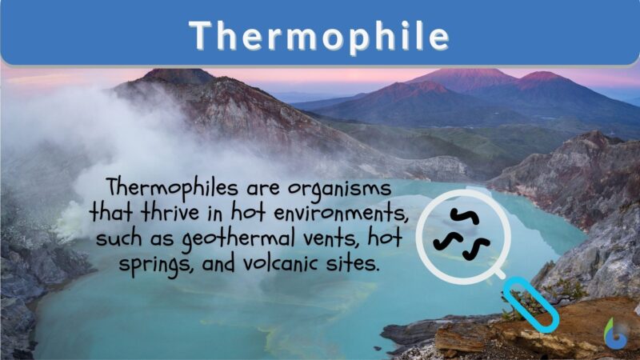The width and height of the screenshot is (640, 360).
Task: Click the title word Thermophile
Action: pyautogui.click(x=319, y=34)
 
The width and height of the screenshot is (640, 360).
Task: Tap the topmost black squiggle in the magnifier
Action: pyautogui.click(x=462, y=215)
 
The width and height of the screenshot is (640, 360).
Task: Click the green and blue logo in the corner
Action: pyautogui.click(x=615, y=333)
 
